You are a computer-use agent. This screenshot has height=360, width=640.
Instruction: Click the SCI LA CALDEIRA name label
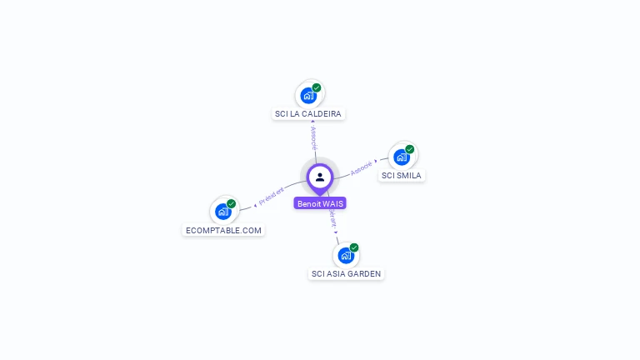pyautogui.click(x=308, y=113)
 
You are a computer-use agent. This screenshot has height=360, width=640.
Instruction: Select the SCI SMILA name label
pyautogui.click(x=402, y=175)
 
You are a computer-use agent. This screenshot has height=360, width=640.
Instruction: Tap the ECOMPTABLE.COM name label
pyautogui.click(x=223, y=230)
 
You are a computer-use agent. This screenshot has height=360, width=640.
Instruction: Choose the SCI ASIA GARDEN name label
pyautogui.click(x=347, y=273)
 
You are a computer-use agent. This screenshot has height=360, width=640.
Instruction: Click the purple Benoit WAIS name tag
pyautogui.click(x=320, y=203)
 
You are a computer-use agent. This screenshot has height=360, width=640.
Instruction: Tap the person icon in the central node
pyautogui.click(x=320, y=177)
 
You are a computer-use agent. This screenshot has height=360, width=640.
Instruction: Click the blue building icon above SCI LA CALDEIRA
pyautogui.click(x=308, y=95)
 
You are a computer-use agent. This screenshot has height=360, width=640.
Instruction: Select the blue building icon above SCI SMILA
pyautogui.click(x=402, y=157)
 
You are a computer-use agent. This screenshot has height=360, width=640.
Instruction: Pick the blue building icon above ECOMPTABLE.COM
pyautogui.click(x=222, y=212)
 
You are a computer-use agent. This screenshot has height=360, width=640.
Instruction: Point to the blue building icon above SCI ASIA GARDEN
pyautogui.click(x=345, y=255)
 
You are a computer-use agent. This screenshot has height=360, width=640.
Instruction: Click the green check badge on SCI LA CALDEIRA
pyautogui.click(x=317, y=87)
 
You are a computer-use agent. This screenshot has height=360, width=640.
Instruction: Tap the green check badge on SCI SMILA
pyautogui.click(x=410, y=149)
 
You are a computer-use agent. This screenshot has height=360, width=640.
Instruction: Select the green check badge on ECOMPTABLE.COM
pyautogui.click(x=232, y=204)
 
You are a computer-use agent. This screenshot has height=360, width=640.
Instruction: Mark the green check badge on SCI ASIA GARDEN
pyautogui.click(x=354, y=247)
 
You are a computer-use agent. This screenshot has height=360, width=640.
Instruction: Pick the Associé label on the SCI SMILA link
pyautogui.click(x=361, y=167)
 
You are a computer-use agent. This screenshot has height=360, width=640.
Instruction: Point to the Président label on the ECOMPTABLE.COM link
pyautogui.click(x=272, y=196)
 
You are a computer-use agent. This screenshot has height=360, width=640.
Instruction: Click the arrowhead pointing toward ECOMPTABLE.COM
pyautogui.click(x=255, y=204)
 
